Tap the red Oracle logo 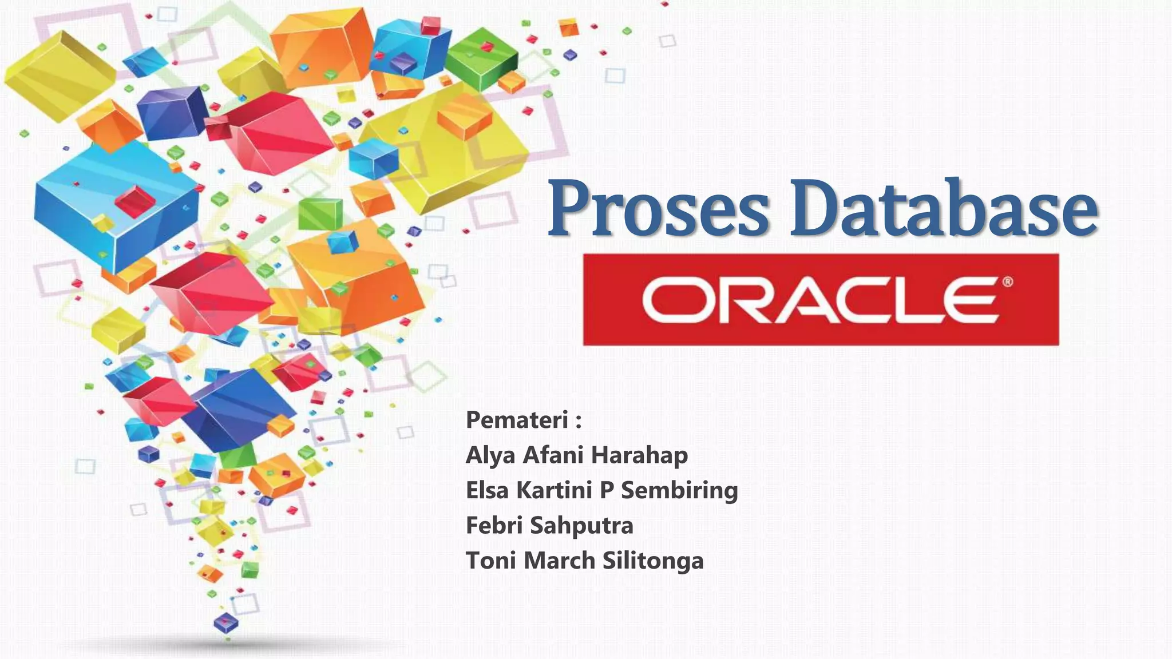click(821, 300)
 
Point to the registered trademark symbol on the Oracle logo click(1007, 281)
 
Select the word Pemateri click(517, 420)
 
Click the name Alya click(491, 456)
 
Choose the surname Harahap click(639, 455)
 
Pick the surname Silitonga click(653, 561)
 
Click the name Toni click(491, 561)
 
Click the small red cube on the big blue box click(134, 201)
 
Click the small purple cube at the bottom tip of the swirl click(225, 622)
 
